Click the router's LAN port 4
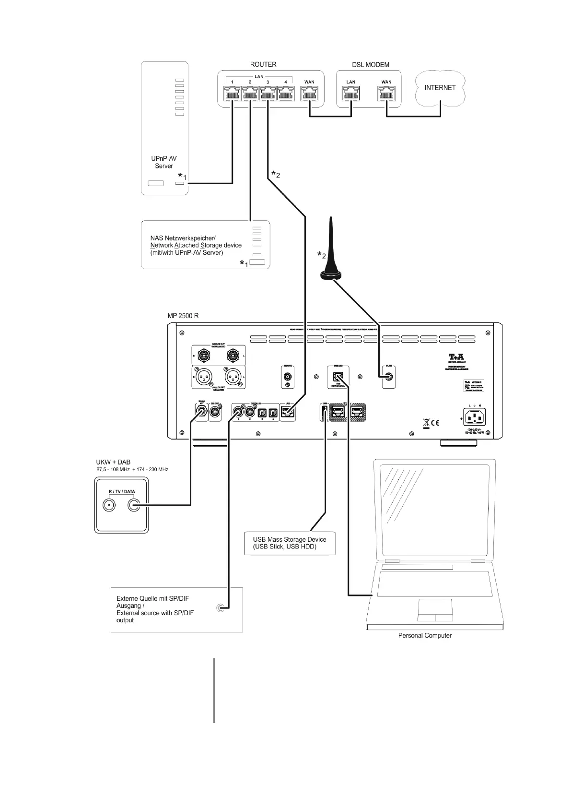[285, 94]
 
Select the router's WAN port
[309, 94]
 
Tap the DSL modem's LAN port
[351, 94]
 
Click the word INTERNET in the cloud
[440, 88]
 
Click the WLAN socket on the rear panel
[388, 377]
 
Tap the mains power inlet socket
[473, 416]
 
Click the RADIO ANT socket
[201, 412]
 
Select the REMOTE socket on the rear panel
[288, 377]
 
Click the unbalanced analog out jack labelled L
[233, 356]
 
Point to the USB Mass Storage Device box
[290, 543]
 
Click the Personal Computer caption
[425, 635]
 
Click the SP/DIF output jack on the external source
[220, 608]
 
